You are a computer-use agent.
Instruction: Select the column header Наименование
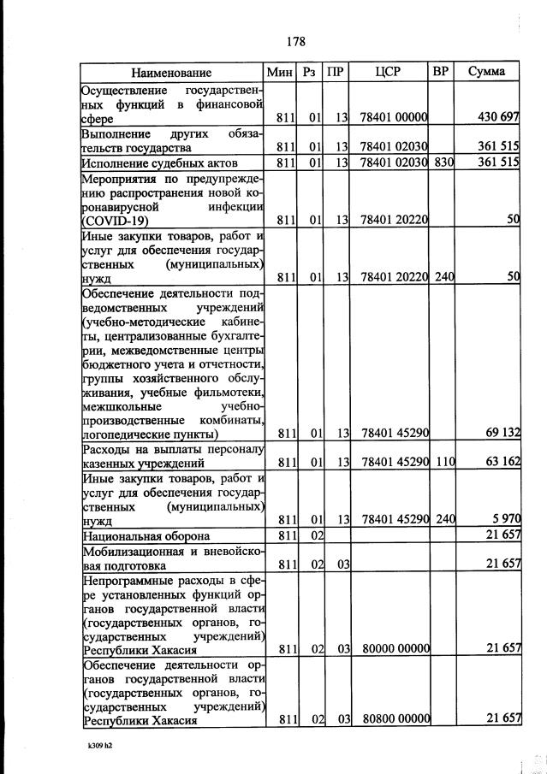click(171, 73)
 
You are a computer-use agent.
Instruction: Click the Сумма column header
click(486, 72)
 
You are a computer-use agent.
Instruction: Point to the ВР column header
click(441, 72)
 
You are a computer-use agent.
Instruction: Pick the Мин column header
click(281, 72)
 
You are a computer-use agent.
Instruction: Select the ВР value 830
click(443, 162)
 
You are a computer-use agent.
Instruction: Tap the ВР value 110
click(443, 463)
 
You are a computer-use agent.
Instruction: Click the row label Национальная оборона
click(146, 536)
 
